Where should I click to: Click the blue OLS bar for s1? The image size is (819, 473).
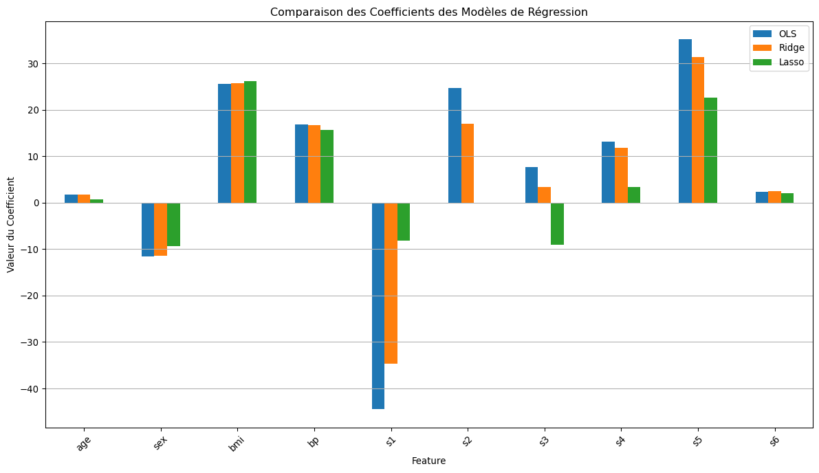tap(378, 306)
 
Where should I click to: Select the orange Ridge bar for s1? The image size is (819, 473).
tap(391, 283)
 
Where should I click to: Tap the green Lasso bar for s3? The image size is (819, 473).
tap(557, 223)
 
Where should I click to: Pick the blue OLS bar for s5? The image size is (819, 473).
tap(685, 121)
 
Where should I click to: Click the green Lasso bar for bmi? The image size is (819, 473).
tap(250, 142)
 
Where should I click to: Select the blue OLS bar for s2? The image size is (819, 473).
tap(455, 145)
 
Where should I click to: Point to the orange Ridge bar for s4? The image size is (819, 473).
tap(621, 175)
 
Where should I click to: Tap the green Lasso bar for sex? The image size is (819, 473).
tap(173, 224)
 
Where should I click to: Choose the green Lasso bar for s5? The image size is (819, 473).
tap(710, 150)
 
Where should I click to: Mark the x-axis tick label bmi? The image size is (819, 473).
tap(237, 444)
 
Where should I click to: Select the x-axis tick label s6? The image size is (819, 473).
tap(774, 442)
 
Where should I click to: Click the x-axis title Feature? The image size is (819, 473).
tap(428, 461)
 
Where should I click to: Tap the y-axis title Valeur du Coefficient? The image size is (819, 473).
tap(11, 224)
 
